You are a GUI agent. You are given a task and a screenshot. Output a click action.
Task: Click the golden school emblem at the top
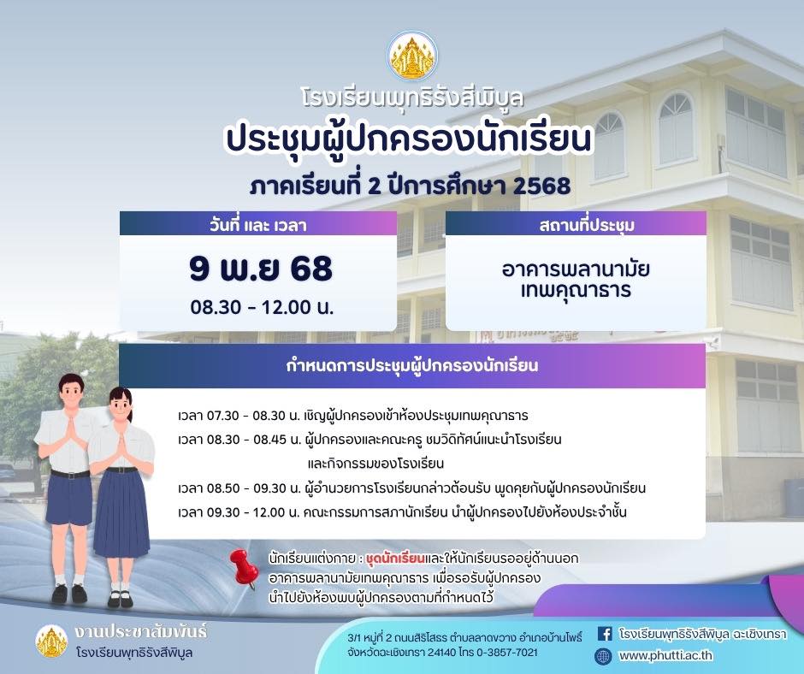[413, 56]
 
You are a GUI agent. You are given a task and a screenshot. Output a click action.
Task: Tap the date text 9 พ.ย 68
[261, 269]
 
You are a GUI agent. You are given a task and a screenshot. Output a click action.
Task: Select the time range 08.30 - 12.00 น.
[262, 307]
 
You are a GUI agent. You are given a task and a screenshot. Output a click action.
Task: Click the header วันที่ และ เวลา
[258, 225]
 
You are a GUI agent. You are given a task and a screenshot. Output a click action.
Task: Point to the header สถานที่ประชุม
[587, 225]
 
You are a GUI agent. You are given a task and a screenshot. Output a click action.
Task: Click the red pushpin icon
[244, 568]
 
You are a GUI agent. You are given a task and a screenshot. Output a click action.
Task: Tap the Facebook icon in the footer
[605, 634]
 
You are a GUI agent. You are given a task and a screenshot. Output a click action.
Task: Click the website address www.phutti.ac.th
[665, 655]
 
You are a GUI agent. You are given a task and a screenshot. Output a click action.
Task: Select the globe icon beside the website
[603, 655]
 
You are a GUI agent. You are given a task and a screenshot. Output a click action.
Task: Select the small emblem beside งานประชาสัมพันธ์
[52, 641]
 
